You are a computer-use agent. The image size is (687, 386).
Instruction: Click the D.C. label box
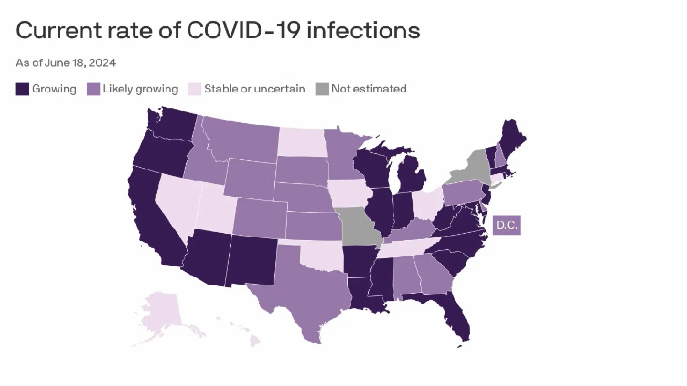click(506, 226)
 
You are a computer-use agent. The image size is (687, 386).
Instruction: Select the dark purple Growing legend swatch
click(22, 89)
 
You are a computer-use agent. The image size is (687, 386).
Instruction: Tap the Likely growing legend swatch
click(93, 89)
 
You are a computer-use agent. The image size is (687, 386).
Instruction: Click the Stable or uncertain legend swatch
click(194, 89)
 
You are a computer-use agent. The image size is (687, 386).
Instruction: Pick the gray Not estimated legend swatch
click(322, 89)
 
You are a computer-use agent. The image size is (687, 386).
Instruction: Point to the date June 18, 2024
click(81, 63)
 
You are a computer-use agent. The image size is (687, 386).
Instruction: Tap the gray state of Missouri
click(359, 225)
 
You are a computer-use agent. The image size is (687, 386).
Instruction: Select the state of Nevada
click(178, 202)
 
